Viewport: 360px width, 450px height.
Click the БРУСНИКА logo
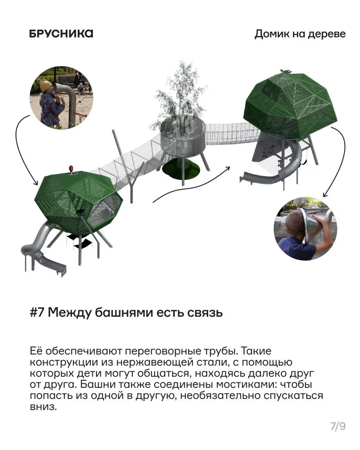click(61, 34)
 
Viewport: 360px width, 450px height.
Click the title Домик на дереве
click(300, 34)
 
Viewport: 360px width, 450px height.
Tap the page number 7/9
click(338, 426)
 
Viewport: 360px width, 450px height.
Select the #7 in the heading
click(37, 312)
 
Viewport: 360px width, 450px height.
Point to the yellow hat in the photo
click(46, 86)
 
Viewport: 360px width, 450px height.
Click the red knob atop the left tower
click(71, 169)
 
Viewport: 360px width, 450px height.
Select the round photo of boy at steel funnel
click(305, 229)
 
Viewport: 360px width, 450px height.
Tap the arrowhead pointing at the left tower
click(35, 183)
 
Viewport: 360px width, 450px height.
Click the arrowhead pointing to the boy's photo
click(325, 195)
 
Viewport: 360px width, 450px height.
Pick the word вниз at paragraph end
click(43, 406)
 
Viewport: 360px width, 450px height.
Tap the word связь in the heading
click(205, 313)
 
